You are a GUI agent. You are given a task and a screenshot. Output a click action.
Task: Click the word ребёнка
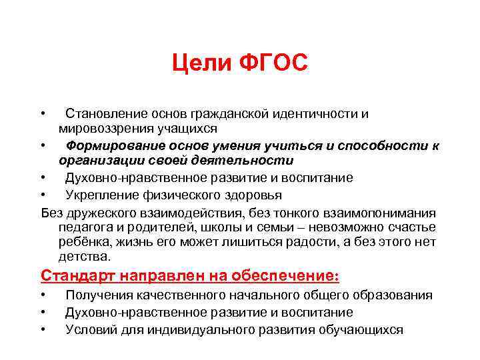pos(83,242)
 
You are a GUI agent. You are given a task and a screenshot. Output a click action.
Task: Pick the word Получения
pos(97,295)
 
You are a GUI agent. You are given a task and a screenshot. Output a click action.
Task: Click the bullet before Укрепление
pos(43,195)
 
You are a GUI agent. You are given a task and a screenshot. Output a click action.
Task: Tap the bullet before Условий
pos(43,329)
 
